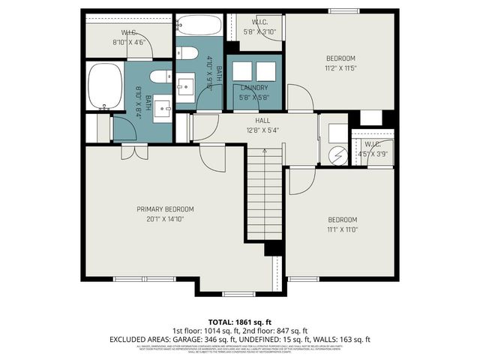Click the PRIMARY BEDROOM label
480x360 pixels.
(165, 208)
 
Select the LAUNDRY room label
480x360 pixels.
(254, 88)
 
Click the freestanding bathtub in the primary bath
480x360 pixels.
(104, 86)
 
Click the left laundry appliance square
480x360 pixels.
(242, 71)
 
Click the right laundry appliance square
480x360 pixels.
(266, 71)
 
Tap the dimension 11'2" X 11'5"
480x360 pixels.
(340, 67)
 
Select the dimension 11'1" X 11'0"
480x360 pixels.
(342, 229)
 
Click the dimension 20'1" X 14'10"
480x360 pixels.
(165, 219)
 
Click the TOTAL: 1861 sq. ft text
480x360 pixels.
(240, 320)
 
